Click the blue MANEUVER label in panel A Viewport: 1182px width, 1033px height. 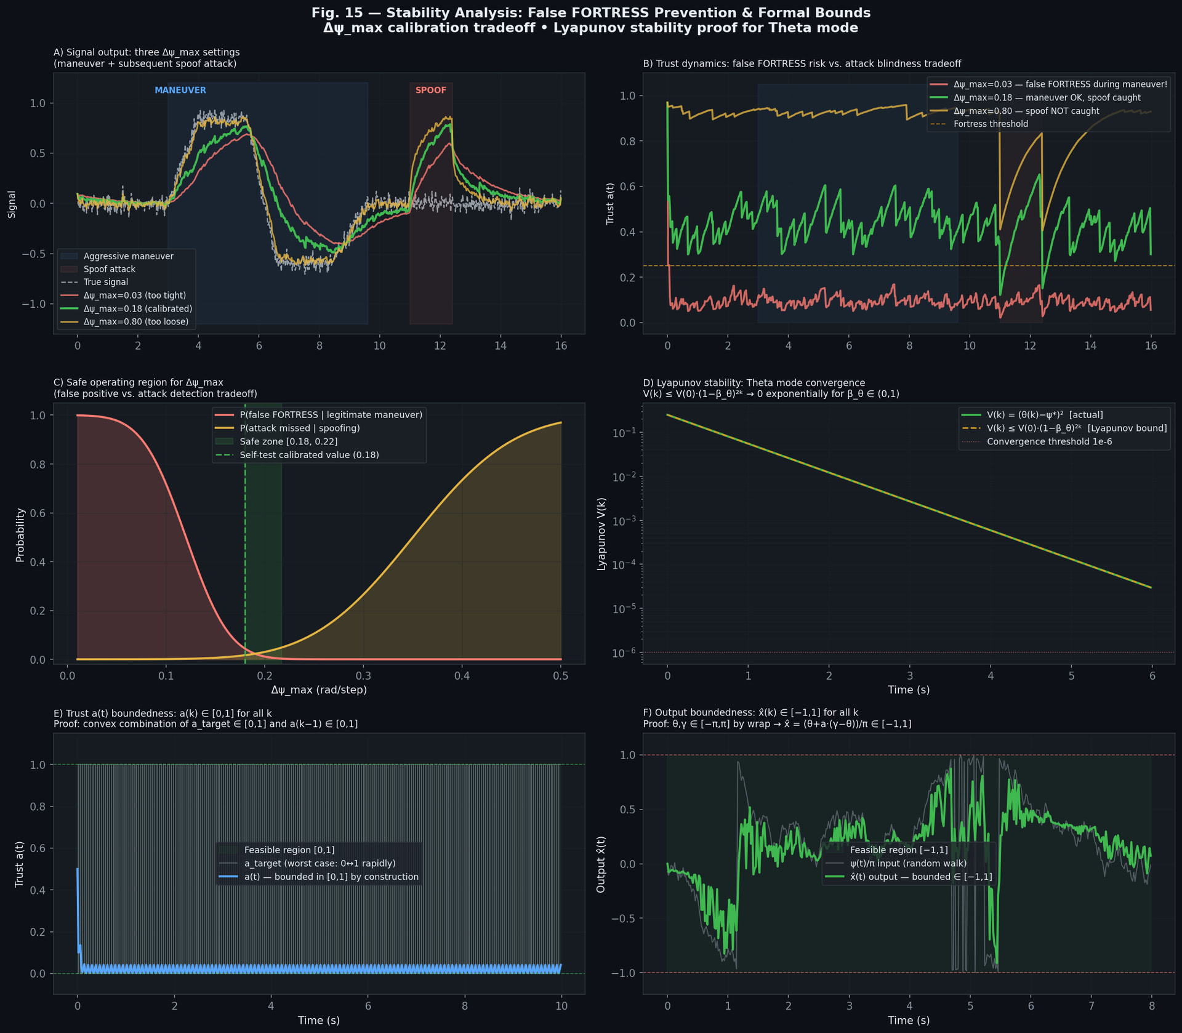coord(180,90)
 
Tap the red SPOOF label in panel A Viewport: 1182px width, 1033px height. coord(430,90)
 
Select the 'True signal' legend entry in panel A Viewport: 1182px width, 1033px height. coord(106,282)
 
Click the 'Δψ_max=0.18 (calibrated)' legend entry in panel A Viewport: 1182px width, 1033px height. coord(138,308)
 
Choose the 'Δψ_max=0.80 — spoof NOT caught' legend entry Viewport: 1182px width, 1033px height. coord(1026,111)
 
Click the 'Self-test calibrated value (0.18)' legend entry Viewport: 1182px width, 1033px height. coord(309,455)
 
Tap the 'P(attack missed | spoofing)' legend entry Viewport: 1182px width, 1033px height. coord(300,428)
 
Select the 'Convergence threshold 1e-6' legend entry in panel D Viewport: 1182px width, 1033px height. coord(1049,441)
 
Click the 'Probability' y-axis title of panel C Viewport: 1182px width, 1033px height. coord(20,534)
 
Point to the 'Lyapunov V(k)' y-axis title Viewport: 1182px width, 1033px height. coord(601,533)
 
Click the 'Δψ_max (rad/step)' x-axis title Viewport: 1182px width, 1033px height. coord(319,690)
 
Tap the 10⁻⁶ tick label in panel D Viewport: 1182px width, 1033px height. coord(624,653)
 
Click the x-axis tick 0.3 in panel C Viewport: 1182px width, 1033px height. coord(363,676)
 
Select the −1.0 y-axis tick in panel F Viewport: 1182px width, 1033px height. coord(623,973)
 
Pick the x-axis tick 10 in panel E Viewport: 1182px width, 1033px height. coord(561,1006)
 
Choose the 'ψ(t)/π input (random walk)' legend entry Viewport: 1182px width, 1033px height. coord(908,863)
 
